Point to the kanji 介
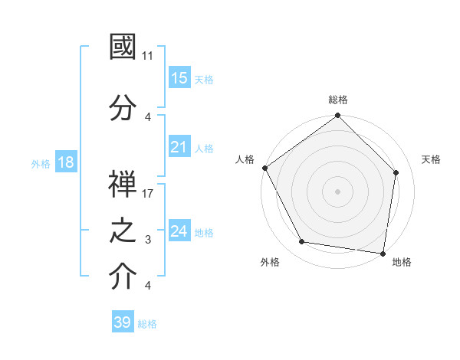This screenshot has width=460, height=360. (x=123, y=278)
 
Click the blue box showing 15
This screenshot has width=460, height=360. (x=179, y=78)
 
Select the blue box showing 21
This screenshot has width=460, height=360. (x=179, y=147)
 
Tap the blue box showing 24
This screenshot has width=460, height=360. (x=179, y=231)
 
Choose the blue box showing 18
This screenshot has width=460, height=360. (x=65, y=162)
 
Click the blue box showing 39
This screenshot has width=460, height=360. (x=123, y=322)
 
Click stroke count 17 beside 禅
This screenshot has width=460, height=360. (x=149, y=194)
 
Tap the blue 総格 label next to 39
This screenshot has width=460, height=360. (x=147, y=324)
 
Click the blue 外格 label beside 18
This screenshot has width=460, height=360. (x=41, y=163)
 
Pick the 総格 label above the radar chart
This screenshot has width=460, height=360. (x=338, y=100)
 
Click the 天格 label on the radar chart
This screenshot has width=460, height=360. (x=431, y=159)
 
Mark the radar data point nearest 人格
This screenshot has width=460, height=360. (x=264, y=168)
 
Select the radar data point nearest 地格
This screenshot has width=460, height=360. (x=383, y=253)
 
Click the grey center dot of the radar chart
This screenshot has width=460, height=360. (x=338, y=191)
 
